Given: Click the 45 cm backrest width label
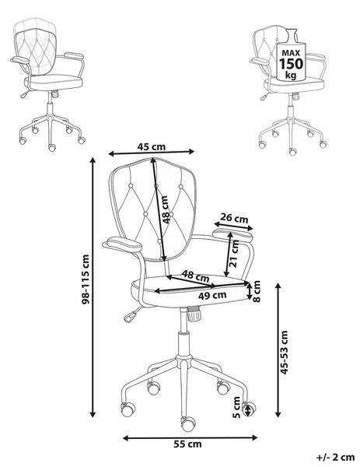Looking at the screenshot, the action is (151, 146).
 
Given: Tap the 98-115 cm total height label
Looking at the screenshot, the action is (86, 279).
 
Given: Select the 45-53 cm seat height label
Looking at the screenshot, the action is (285, 352).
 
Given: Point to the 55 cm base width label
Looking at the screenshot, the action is (187, 444).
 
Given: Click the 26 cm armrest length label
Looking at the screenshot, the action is (235, 218).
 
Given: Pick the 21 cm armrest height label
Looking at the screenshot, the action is (235, 254).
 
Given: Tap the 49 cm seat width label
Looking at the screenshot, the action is (212, 295).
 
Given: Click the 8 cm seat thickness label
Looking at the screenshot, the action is (257, 291).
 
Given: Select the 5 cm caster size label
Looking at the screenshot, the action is (236, 407).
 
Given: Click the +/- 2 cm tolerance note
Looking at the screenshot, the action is (336, 457).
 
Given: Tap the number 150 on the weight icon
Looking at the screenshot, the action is (291, 64).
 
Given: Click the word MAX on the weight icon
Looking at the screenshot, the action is (291, 53).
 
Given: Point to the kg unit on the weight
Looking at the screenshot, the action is (291, 75).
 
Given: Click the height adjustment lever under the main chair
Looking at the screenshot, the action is (132, 315).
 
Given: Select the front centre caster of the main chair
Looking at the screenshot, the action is (188, 424).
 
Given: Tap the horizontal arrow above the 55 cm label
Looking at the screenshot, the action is (190, 437).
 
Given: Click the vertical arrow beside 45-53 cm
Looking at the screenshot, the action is (278, 350).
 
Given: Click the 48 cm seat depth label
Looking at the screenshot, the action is (195, 276).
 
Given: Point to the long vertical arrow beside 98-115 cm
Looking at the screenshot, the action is (93, 287).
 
